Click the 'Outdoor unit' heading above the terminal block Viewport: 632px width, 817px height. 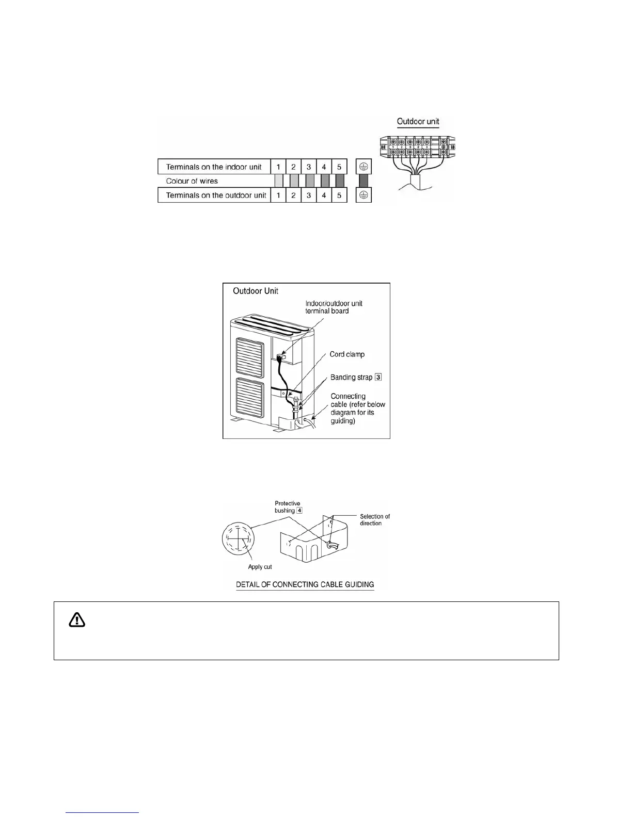pos(418,122)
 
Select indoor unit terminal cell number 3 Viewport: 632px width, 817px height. pos(308,167)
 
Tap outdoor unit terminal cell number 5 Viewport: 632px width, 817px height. pos(339,195)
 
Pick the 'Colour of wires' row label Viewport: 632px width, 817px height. pos(192,181)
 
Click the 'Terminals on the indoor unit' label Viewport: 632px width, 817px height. pos(214,167)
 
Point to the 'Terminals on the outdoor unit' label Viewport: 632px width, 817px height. pos(216,195)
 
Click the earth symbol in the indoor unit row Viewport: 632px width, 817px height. pos(364,167)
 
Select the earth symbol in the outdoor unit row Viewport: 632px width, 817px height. pos(364,195)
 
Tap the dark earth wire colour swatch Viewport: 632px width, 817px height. pos(364,181)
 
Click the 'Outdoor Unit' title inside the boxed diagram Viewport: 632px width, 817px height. pos(255,291)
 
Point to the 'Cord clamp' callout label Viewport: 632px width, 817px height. pos(347,354)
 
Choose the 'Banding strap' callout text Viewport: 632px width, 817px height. pos(351,378)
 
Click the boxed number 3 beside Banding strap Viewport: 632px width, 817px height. pos(378,378)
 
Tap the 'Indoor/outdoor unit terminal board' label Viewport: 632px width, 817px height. pos(334,307)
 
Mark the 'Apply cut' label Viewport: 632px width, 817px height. pos(260,567)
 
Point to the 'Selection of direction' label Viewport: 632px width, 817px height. pos(375,519)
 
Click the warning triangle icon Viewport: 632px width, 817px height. pos(77,620)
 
